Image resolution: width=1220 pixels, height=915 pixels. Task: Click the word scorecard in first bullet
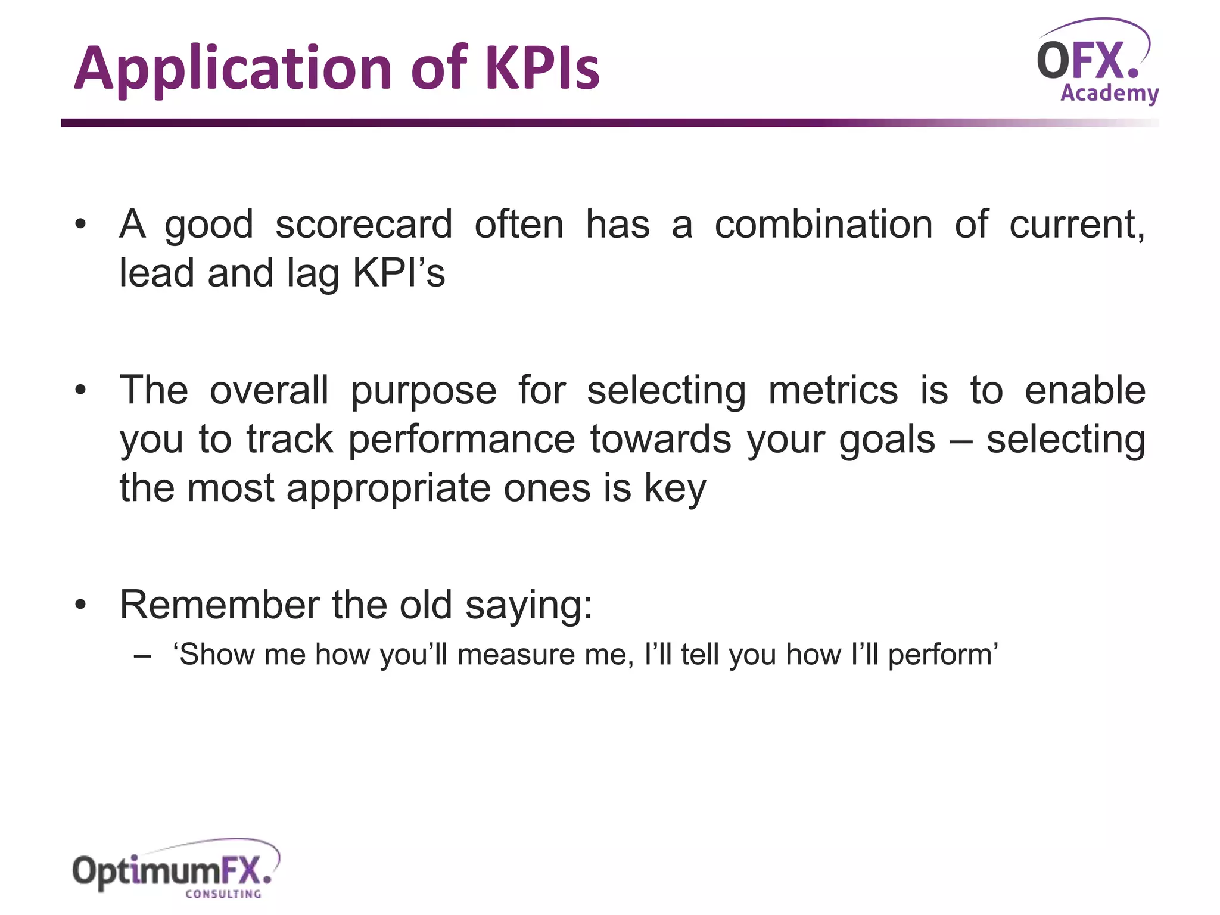363,225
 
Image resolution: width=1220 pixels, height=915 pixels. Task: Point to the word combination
823,225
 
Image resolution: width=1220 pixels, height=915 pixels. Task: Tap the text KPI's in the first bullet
399,273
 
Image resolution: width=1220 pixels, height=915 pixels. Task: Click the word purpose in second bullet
423,391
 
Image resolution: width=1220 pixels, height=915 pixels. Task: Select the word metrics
833,391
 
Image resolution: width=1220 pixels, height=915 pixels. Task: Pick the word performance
461,440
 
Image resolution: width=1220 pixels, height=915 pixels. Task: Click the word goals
887,440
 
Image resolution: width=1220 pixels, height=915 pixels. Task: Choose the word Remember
219,605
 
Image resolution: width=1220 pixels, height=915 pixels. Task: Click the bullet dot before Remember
81,605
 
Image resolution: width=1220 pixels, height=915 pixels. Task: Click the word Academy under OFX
1109,94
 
